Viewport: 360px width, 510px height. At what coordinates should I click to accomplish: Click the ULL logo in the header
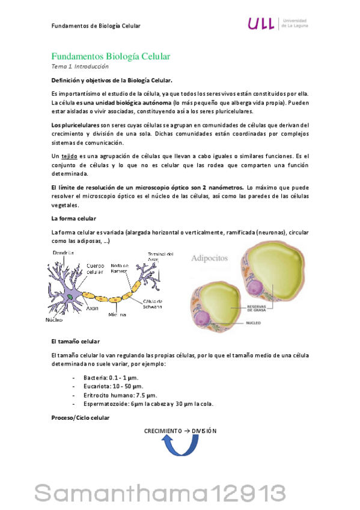(262, 23)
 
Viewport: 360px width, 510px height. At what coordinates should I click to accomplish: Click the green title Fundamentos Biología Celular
(111, 57)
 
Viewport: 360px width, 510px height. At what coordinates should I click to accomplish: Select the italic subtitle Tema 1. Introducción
(80, 67)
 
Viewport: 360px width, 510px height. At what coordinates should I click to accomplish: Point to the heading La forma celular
(74, 218)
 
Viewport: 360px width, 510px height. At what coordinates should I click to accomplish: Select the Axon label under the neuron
(92, 308)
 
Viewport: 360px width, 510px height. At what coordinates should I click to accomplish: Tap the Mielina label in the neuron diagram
(117, 314)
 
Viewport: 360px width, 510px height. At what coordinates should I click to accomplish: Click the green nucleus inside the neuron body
(70, 296)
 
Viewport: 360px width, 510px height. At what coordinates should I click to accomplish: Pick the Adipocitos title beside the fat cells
(210, 259)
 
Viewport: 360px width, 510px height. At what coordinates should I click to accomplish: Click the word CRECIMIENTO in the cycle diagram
(162, 431)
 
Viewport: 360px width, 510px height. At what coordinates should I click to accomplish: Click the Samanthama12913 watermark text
(179, 493)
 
